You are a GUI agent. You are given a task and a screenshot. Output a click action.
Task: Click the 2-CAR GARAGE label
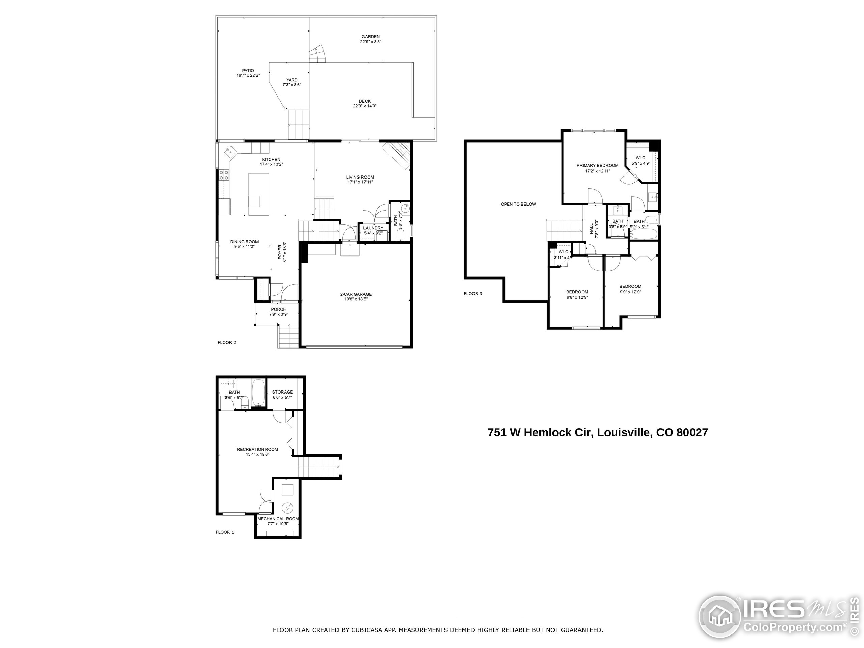click(x=355, y=294)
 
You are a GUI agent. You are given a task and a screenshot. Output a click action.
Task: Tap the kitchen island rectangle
click(x=259, y=194)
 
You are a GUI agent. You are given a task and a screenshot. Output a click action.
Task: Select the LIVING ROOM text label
click(x=360, y=177)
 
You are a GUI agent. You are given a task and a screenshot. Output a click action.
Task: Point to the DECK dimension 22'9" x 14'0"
click(x=364, y=106)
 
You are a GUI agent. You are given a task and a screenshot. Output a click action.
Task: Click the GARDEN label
click(x=370, y=37)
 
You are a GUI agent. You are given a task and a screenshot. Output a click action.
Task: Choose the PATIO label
click(x=248, y=71)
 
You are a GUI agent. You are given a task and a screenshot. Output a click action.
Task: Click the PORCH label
click(x=278, y=309)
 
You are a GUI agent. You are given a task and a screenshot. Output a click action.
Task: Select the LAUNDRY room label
click(x=373, y=228)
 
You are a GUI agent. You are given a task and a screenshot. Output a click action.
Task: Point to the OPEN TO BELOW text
click(x=518, y=204)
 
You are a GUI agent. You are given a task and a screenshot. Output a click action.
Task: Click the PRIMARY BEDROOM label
click(x=597, y=166)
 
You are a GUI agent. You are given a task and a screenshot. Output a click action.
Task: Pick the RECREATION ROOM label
click(x=258, y=449)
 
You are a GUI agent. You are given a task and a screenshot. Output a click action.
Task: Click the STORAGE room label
click(x=282, y=392)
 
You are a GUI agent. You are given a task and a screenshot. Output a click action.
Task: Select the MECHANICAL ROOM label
click(x=278, y=519)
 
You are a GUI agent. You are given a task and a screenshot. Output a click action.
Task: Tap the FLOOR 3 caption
click(x=473, y=293)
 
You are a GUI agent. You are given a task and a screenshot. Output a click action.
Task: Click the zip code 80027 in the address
click(x=692, y=433)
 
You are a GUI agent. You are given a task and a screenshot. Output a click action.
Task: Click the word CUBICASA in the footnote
click(x=367, y=630)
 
